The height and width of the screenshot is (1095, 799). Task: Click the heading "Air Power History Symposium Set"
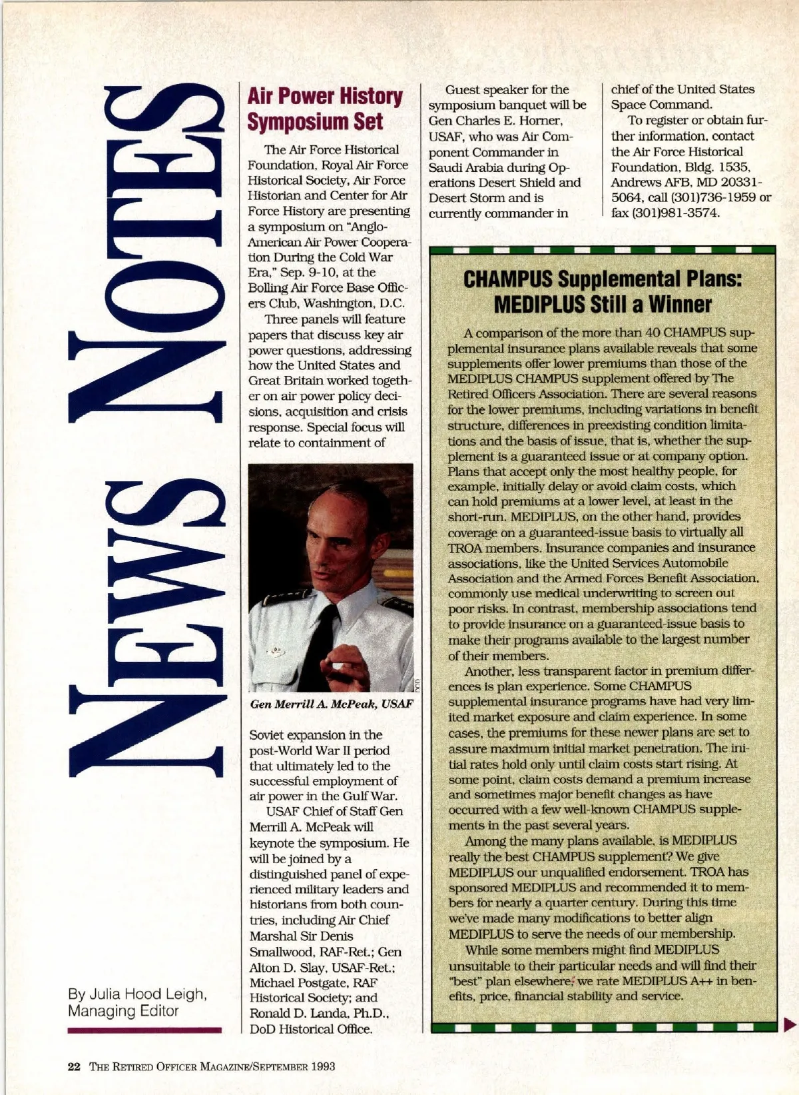click(325, 109)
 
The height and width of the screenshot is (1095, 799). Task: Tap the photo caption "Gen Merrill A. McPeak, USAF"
click(332, 704)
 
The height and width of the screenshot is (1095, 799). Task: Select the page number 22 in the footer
click(74, 1066)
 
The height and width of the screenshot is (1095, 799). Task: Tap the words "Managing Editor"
click(123, 1010)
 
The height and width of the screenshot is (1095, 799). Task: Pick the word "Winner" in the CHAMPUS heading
click(679, 305)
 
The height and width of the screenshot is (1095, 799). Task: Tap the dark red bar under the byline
click(144, 1030)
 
